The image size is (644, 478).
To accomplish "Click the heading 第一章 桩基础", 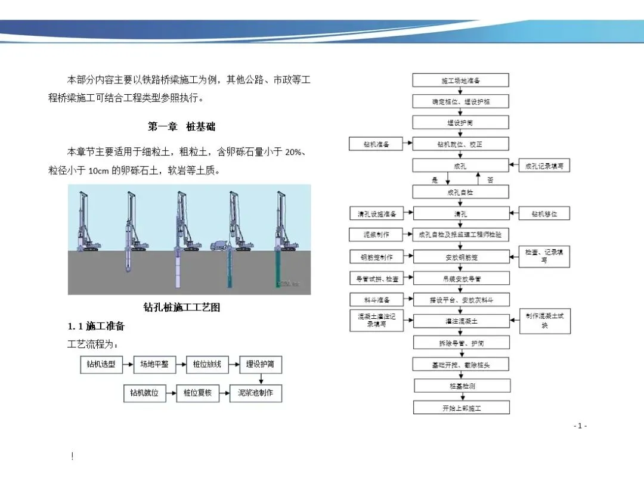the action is (181, 127).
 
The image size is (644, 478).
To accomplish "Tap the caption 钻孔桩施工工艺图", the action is (182, 308).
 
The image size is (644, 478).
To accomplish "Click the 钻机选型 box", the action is (101, 364).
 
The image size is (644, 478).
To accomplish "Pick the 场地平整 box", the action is (154, 364).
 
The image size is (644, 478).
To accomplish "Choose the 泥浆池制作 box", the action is (256, 393).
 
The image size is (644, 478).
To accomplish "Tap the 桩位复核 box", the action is (199, 393).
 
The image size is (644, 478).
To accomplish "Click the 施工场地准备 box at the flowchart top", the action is (461, 80).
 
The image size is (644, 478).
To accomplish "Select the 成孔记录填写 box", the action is (544, 166).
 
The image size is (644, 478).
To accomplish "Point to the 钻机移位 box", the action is (544, 213).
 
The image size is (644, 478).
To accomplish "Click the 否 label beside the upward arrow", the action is (490, 179).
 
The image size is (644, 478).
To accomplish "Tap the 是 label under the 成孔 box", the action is (434, 179).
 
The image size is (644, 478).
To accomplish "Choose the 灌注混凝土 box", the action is (462, 321).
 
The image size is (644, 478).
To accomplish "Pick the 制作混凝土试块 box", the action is (544, 321).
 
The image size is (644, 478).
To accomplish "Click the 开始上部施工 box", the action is (462, 408).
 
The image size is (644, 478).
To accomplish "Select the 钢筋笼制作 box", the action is (377, 257).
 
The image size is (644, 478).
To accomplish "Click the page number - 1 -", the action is (580, 426).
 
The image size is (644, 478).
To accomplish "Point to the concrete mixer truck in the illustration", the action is (221, 244).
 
